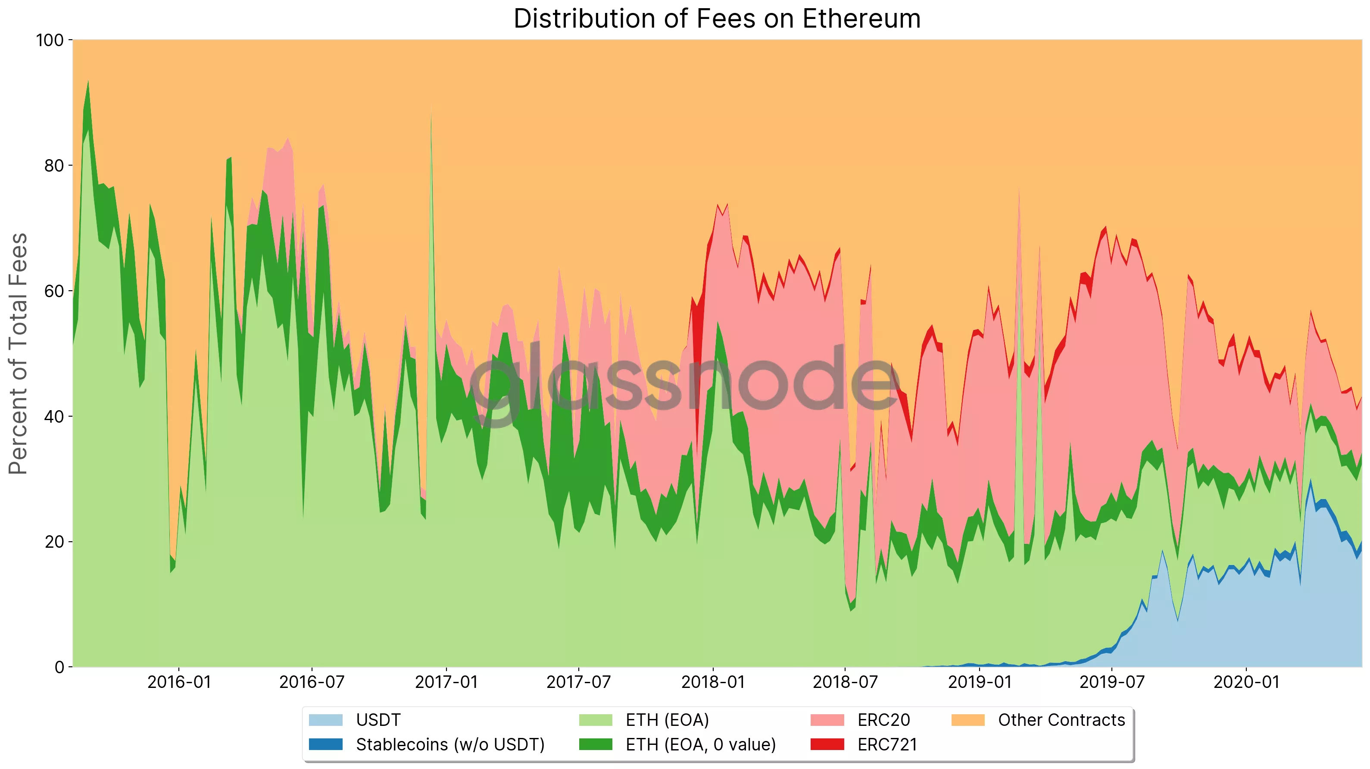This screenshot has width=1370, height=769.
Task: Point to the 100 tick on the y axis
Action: [x=50, y=41]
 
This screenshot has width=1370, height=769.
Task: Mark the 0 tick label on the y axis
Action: [x=59, y=667]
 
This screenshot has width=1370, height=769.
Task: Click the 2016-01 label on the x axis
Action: [x=179, y=682]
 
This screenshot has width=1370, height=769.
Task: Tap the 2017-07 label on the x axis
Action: [x=579, y=682]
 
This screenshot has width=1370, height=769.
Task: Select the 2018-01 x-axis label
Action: [x=713, y=682]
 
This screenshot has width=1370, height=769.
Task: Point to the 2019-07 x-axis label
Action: [x=1111, y=682]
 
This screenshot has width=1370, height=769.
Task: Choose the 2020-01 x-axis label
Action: [x=1246, y=682]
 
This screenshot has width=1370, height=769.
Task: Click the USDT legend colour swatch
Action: [x=325, y=720]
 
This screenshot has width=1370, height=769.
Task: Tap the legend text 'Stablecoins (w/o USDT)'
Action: [x=450, y=744]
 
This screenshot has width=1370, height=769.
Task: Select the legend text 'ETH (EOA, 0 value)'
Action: [x=700, y=744]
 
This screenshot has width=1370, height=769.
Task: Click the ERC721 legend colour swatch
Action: [x=827, y=744]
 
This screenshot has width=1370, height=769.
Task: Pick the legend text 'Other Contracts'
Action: [x=1061, y=720]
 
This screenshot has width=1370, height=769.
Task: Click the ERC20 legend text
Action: [x=883, y=720]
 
